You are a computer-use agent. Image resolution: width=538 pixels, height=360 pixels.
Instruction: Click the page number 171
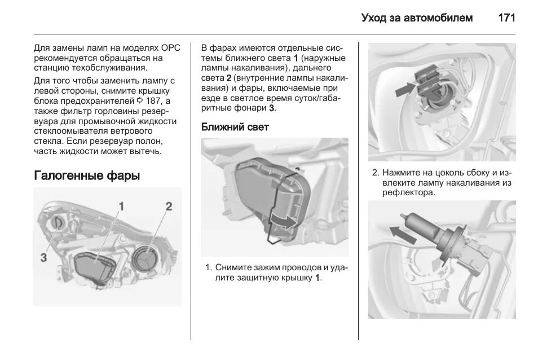point(506,17)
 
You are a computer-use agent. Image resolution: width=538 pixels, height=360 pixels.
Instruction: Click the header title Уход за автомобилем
point(417,17)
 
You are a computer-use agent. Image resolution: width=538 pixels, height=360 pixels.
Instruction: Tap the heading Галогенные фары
point(87,175)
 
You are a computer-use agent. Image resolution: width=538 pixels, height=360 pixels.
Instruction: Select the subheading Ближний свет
point(235,127)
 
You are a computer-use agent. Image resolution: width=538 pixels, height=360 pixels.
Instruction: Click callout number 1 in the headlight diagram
point(120,206)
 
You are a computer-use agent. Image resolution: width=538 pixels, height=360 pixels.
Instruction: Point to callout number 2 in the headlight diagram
point(168,206)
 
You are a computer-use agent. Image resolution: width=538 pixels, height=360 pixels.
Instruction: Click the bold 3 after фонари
point(271,108)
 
